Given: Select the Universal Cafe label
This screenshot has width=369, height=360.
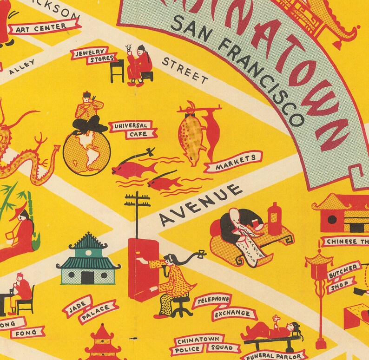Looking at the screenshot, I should [132, 129].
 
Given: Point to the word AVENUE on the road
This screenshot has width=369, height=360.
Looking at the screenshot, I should [201, 205].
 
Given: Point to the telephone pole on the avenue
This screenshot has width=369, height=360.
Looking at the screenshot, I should [137, 214].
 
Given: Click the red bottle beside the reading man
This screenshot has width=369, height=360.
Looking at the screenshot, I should [275, 219].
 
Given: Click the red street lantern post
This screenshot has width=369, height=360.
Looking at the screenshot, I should [320, 297].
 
